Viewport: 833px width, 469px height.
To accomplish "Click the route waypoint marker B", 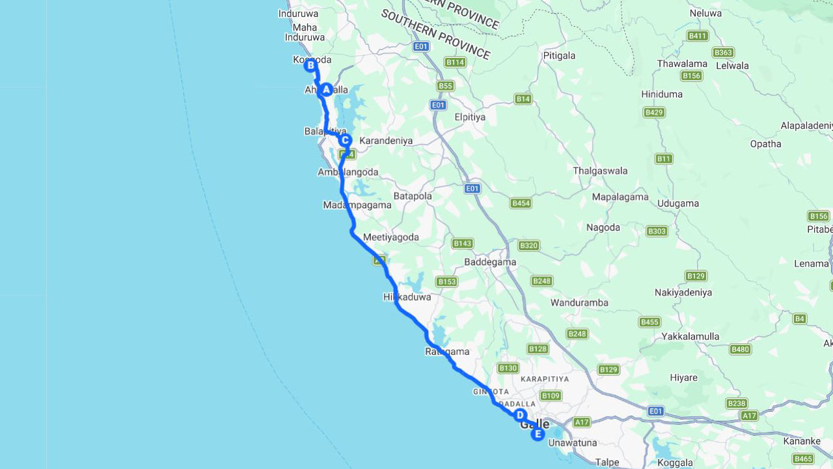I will click(310, 65).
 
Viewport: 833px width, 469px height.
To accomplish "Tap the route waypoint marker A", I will click(326, 90).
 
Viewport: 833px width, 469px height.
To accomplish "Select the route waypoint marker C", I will click(345, 140).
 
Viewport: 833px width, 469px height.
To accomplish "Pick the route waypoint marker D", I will click(519, 415).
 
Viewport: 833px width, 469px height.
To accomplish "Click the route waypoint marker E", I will click(538, 434).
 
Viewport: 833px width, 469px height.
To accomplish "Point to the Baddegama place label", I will click(490, 263).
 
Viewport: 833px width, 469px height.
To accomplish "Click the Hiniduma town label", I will click(662, 94).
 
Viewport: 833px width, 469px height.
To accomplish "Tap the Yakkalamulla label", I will click(690, 337).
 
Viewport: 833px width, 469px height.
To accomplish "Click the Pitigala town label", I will click(559, 56).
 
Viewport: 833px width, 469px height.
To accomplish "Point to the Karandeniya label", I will click(386, 141).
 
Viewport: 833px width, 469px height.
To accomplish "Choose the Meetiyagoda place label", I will click(391, 238).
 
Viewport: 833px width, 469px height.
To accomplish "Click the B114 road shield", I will click(455, 62).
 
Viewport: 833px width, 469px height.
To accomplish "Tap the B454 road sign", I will click(521, 203).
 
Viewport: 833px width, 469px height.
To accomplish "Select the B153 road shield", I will click(446, 281).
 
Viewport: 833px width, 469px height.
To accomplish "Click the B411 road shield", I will click(698, 36).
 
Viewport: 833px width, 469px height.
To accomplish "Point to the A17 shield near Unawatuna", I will click(581, 422).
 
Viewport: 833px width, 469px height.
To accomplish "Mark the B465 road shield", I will click(803, 459).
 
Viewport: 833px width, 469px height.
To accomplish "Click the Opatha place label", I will click(765, 144).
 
